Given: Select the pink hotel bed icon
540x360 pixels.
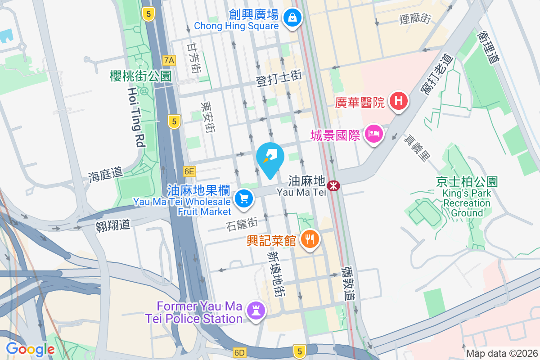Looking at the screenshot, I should coord(374,134).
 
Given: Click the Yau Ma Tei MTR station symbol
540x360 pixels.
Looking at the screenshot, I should coord(333,185).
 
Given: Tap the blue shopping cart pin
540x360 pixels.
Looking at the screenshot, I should coord(244,198).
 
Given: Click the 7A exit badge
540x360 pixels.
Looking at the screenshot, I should coord(169,60).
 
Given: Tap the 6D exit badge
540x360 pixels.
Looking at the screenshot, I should coord(239,352).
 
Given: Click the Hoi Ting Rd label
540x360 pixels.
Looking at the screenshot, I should coord(136,117).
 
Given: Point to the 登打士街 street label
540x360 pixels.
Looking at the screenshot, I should coord(279,78).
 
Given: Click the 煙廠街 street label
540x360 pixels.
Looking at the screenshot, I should coord(415,18).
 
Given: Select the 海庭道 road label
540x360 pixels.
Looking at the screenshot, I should coord(105,175).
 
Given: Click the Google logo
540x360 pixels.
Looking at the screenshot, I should coord(30,349).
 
